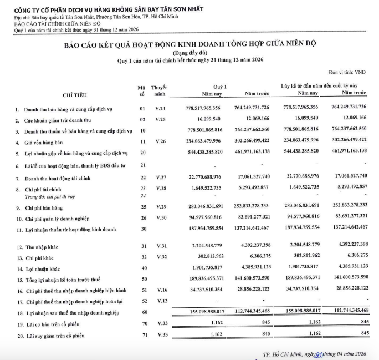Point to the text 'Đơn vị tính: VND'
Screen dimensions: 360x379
(x=347, y=72)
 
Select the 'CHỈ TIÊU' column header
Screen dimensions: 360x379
(x=75, y=95)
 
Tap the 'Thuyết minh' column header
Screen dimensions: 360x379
(x=159, y=91)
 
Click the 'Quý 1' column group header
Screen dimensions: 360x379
(x=220, y=86)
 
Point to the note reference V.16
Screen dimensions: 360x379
(x=160, y=290)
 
